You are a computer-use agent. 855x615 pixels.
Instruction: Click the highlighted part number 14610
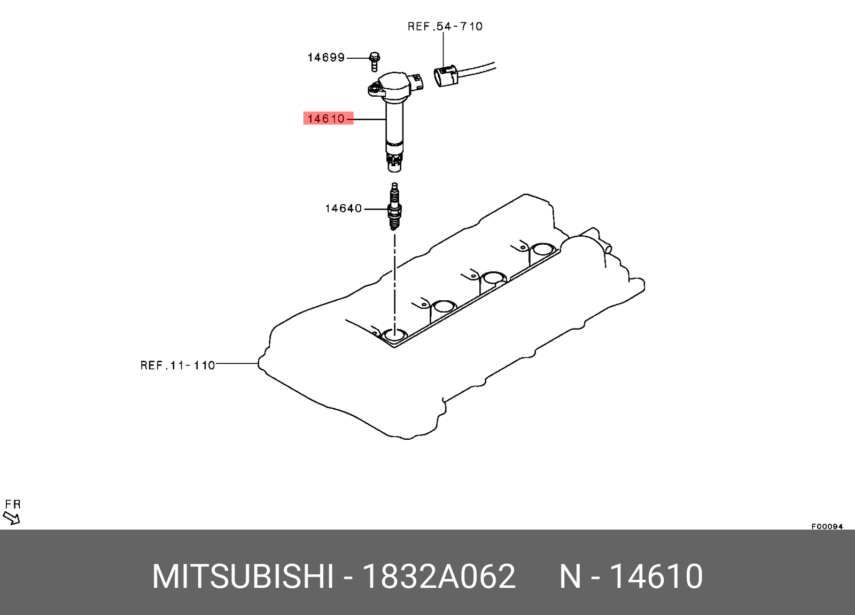(x=327, y=118)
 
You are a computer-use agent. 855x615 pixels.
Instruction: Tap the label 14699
(x=326, y=57)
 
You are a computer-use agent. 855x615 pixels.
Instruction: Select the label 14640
(x=343, y=208)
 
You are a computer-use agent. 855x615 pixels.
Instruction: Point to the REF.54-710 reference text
(x=445, y=26)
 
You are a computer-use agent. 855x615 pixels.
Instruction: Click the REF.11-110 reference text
(x=177, y=365)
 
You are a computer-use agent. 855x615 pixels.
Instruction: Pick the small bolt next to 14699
(x=374, y=61)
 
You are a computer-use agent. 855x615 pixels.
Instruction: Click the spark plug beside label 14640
(x=394, y=208)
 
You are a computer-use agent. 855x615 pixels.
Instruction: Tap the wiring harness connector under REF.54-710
(x=446, y=75)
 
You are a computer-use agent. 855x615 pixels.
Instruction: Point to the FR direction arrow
(x=11, y=518)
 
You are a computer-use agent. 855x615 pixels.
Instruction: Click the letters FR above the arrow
(x=13, y=504)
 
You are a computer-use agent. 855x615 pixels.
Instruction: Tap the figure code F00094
(x=827, y=526)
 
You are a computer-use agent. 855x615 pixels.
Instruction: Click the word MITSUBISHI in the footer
(x=243, y=577)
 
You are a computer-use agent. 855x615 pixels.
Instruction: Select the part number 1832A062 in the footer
(x=439, y=577)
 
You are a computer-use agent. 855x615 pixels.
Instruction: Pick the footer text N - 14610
(x=631, y=577)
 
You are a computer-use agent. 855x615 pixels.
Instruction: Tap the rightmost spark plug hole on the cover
(x=543, y=249)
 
